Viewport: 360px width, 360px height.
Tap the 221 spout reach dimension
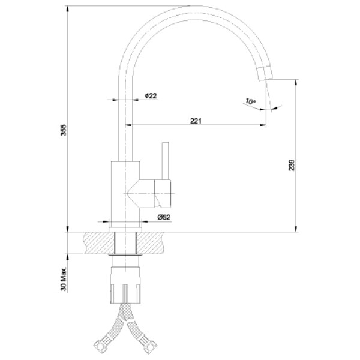[195, 121]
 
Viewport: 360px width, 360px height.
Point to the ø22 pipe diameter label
[151, 95]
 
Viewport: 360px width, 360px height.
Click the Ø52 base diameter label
[163, 217]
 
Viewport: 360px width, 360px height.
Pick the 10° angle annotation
[250, 101]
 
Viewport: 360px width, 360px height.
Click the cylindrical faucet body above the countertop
[127, 192]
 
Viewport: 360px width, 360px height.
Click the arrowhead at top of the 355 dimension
[67, 9]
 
